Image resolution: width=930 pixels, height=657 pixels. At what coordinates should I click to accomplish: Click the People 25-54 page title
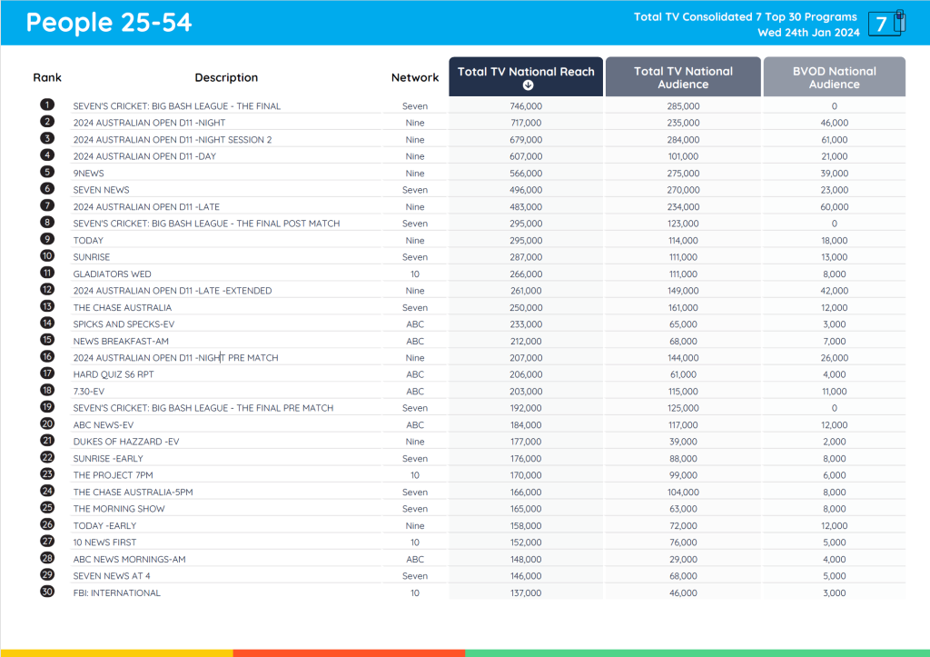pos(109,23)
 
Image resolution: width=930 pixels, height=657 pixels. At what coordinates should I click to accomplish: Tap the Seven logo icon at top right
pos(885,24)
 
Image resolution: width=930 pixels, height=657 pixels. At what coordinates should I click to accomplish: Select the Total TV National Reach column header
pos(526,72)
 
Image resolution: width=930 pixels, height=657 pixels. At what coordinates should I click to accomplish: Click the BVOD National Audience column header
pos(834,77)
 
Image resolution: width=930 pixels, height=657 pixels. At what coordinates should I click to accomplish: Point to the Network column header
pos(415,78)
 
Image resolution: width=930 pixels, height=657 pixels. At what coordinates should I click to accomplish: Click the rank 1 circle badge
pos(47,106)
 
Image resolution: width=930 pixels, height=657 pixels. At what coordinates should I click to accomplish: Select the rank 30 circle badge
pos(47,592)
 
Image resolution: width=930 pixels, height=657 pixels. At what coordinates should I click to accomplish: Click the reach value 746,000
pos(526,106)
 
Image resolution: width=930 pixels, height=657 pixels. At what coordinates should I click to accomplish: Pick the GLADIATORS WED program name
pos(113,274)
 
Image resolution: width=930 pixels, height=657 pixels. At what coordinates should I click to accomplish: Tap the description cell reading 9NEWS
pos(89,173)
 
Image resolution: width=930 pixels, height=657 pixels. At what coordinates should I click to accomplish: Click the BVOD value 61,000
pos(834,140)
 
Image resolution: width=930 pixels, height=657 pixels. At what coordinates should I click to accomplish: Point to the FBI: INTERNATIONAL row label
pos(117,592)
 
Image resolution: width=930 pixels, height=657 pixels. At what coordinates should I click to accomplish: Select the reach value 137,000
pos(526,592)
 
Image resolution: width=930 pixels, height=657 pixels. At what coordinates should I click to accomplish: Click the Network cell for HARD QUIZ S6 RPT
pos(415,374)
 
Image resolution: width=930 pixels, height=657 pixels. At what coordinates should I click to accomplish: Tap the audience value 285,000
pos(683,106)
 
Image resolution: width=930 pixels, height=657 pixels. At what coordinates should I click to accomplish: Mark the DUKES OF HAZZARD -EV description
pos(126,442)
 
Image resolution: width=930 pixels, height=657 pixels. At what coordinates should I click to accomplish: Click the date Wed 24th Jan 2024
pos(808,33)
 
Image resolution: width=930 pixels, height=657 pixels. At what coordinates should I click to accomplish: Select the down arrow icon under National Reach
pos(527,85)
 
